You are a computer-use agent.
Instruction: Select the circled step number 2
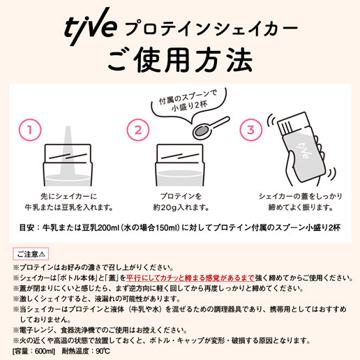(x=138, y=130)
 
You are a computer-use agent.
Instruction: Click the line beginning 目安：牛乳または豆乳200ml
(x=179, y=227)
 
